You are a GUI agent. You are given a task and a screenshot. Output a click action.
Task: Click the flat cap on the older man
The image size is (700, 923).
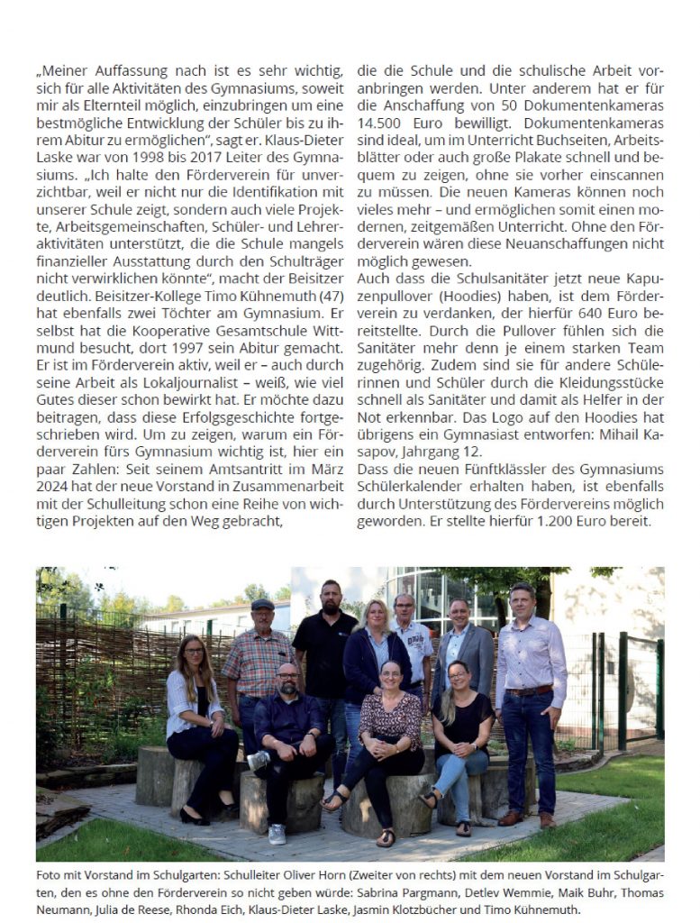262,605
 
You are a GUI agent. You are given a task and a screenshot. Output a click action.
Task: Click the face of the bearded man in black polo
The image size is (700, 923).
331,597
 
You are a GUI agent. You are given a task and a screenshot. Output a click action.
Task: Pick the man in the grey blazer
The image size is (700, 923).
461,649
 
